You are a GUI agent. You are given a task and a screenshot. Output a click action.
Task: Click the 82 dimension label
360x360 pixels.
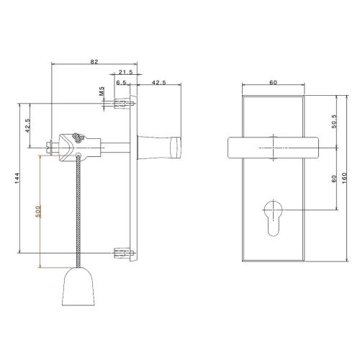click(95, 62)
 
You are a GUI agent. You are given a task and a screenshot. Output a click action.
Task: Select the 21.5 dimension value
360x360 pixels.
click(125, 72)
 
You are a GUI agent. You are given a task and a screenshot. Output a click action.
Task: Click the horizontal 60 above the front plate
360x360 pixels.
click(274, 83)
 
